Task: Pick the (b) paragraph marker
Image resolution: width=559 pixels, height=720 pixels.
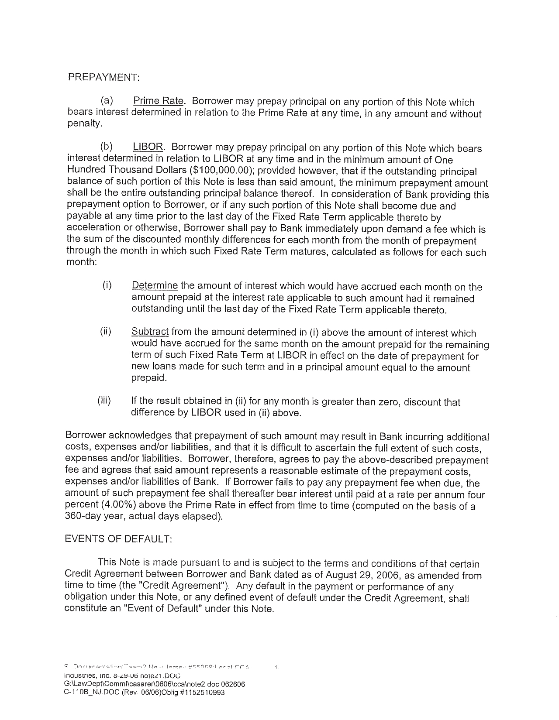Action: click(106, 147)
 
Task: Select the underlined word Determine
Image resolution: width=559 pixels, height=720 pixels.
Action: click(155, 286)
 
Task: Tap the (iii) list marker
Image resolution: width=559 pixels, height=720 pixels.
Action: click(104, 401)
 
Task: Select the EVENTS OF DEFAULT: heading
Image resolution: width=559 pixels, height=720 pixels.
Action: click(119, 539)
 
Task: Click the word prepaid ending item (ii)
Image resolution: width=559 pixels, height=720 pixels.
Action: click(148, 378)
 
